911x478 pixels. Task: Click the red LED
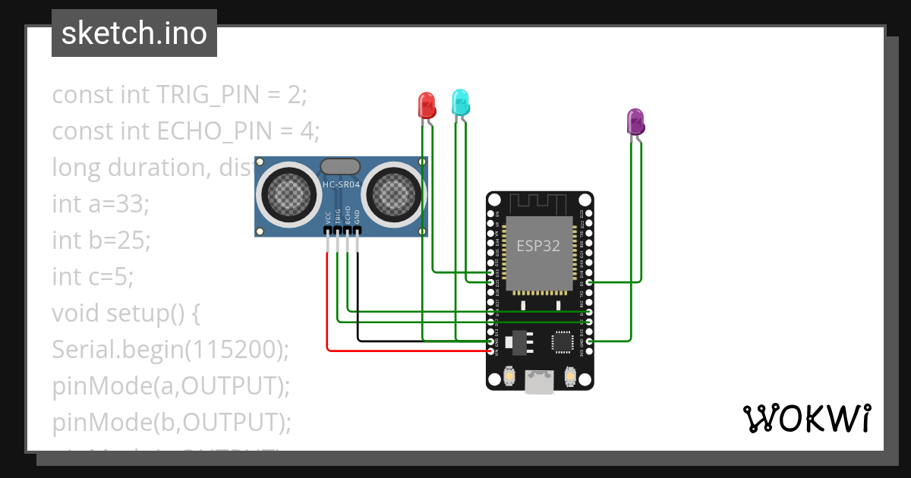tap(427, 105)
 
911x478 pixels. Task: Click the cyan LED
tap(460, 102)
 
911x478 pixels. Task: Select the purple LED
tap(635, 121)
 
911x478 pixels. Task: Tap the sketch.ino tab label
tap(134, 33)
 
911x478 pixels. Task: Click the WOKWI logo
tap(805, 418)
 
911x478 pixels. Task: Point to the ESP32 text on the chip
tap(538, 246)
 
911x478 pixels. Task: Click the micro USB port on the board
tap(540, 383)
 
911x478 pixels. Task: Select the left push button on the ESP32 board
tap(509, 375)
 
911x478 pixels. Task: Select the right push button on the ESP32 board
tap(571, 375)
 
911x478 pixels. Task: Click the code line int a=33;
tap(101, 203)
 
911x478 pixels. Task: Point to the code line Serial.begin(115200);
tap(171, 349)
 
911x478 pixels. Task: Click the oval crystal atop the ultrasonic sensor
tap(340, 165)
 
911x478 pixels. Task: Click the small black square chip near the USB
tap(563, 342)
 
